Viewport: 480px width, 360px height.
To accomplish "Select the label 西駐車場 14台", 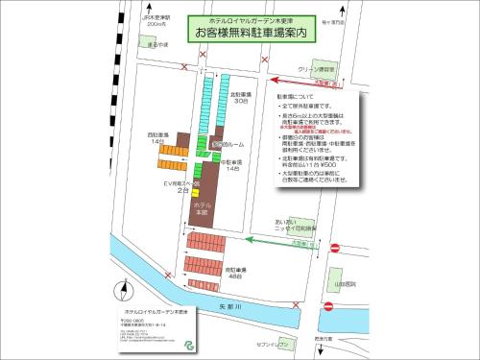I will pos(157,136).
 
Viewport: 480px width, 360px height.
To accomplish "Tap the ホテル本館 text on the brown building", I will pos(203,208).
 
